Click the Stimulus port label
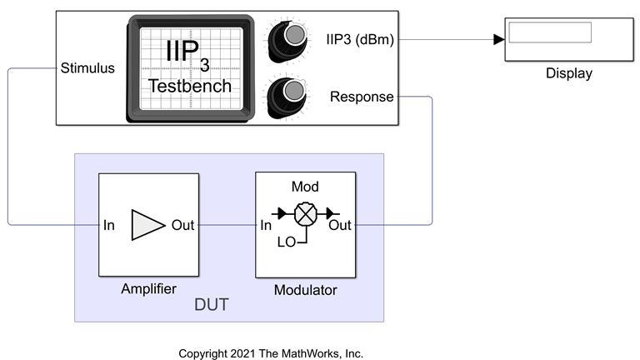[87, 68]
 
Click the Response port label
[362, 97]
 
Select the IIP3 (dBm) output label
[361, 38]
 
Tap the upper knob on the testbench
[293, 35]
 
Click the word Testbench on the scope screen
[190, 86]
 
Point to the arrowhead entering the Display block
[498, 39]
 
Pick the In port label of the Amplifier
[109, 225]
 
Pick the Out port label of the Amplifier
[183, 225]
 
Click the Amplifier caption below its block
[148, 289]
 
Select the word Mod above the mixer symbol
[305, 187]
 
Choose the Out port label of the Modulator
[340, 225]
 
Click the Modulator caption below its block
[305, 290]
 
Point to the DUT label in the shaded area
[212, 306]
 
